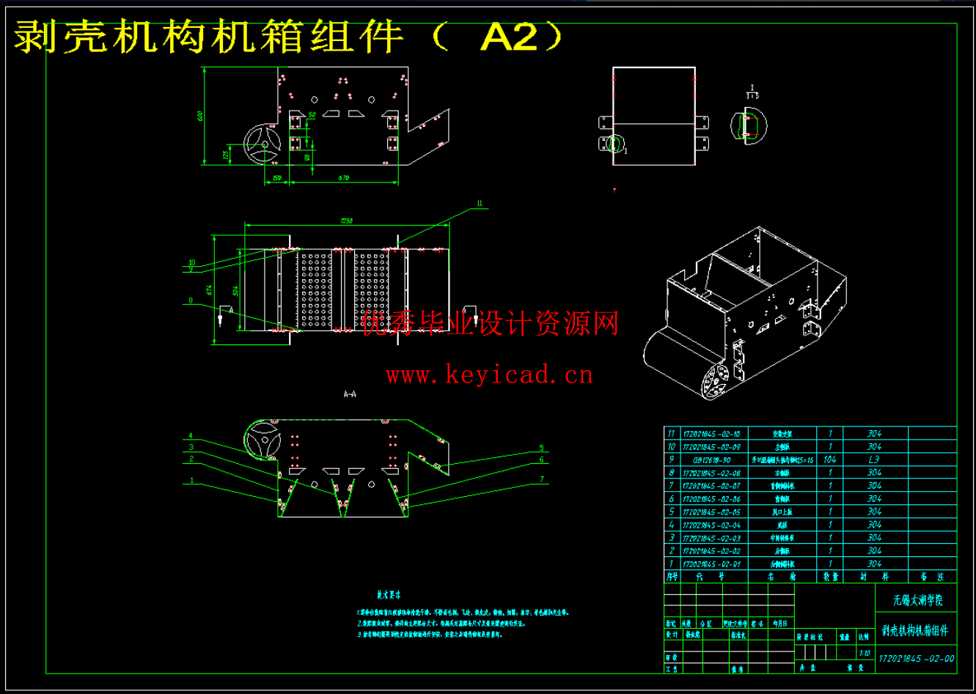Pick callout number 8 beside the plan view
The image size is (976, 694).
190,300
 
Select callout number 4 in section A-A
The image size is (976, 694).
190,435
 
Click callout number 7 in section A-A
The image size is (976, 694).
541,479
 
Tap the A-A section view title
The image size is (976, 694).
350,394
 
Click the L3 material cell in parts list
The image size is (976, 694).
874,459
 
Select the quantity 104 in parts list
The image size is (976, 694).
830,459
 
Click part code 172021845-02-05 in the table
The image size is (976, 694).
711,512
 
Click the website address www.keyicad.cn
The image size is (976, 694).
490,377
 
